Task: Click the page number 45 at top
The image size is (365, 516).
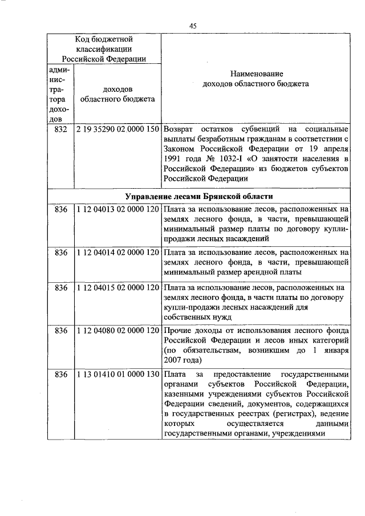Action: (x=193, y=26)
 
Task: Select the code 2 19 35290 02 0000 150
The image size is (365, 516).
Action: (x=117, y=129)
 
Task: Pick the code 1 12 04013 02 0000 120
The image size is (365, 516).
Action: (x=117, y=210)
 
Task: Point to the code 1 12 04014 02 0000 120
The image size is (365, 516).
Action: (x=117, y=251)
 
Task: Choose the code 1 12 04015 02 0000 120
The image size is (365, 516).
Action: (x=117, y=287)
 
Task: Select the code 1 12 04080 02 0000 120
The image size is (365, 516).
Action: (x=117, y=331)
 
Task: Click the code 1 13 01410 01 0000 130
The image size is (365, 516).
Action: (x=117, y=375)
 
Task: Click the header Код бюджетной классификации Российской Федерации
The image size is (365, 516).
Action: (x=104, y=48)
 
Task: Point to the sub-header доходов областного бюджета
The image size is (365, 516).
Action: (x=117, y=94)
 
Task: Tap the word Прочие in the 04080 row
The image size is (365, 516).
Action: (x=178, y=331)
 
